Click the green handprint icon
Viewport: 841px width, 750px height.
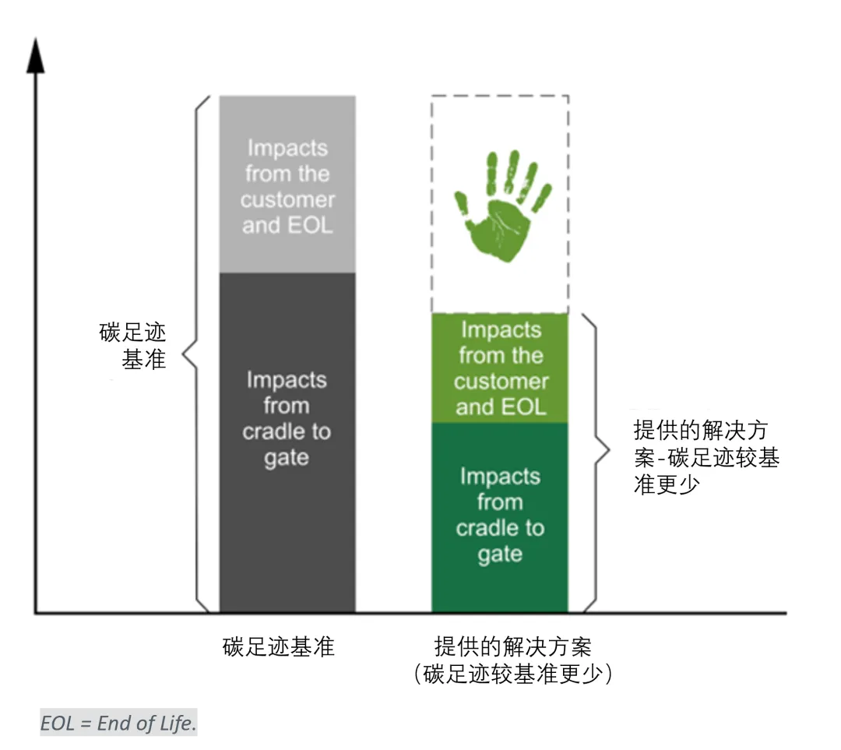501,206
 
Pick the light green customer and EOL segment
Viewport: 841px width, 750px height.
500,368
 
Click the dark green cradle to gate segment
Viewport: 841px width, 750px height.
500,516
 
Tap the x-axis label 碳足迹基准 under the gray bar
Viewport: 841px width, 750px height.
278,647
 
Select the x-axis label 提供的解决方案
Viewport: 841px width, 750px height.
512,646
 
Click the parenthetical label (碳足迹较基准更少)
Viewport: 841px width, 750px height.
512,674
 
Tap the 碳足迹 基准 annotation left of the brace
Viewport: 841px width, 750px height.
135,347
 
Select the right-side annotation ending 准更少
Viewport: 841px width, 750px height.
706,458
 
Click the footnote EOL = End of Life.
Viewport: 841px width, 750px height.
118,724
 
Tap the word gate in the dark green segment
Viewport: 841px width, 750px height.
500,555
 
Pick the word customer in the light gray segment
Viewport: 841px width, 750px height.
287,200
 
